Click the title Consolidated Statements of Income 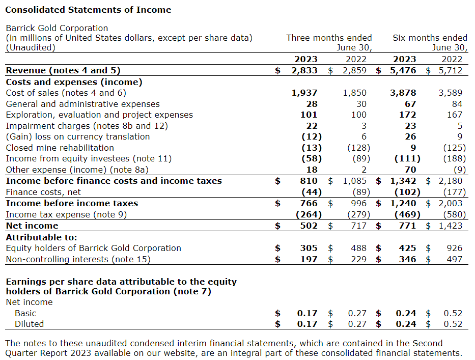pos(88,10)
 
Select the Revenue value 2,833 pos(304,70)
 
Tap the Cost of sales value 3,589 pos(451,93)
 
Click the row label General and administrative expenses pos(82,104)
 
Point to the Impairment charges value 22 pos(312,126)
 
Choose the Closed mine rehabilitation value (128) pos(358,148)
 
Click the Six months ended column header pos(430,38)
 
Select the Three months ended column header pos(329,38)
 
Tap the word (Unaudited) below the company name pos(30,47)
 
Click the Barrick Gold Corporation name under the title pos(57,28)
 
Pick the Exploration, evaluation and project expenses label pos(99,115)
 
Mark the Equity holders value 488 pos(358,248)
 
